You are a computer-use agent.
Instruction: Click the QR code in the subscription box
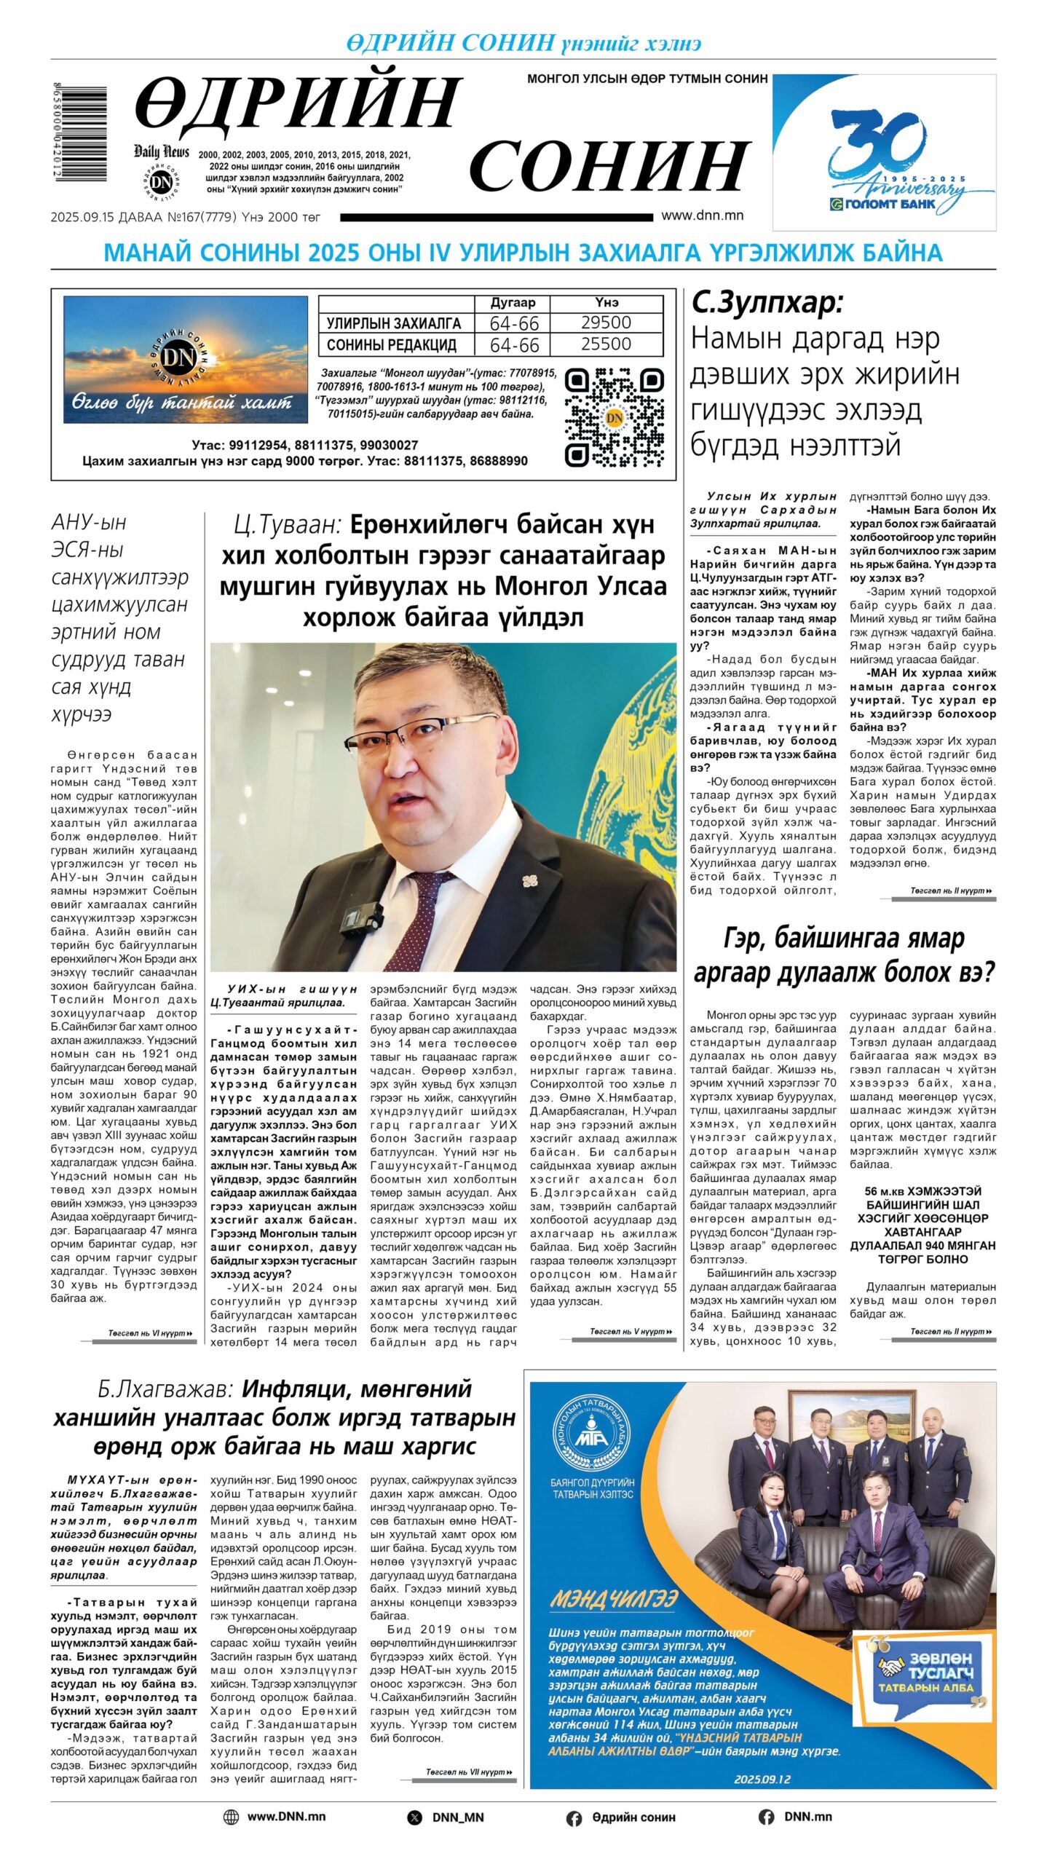tap(615, 417)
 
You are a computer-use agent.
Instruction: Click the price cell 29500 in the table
tap(606, 323)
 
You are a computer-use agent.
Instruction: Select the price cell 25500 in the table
tap(606, 344)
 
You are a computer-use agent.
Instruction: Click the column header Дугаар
tap(513, 303)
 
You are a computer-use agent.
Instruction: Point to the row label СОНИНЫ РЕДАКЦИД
tap(392, 344)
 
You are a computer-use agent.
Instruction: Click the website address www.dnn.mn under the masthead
tap(702, 216)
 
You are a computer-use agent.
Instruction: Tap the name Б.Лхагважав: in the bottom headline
tap(165, 1389)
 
